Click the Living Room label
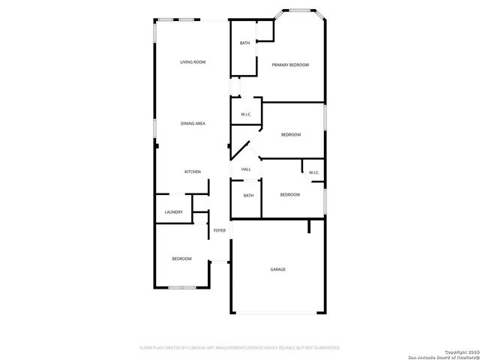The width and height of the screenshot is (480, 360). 193,62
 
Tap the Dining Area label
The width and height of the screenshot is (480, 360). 193,123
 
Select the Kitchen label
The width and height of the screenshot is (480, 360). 193,172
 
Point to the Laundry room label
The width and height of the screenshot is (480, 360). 174,212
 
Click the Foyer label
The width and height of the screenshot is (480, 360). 220,230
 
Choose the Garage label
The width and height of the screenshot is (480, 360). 277,269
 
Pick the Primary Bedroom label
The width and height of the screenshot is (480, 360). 290,65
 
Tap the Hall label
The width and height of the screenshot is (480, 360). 246,169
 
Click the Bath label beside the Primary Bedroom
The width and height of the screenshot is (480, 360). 244,43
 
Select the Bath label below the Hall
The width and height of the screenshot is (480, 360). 248,196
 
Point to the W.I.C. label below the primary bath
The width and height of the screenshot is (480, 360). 246,114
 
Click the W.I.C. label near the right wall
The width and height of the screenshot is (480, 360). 314,173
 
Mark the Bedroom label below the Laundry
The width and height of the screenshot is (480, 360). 181,259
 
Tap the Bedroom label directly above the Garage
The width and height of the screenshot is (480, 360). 289,195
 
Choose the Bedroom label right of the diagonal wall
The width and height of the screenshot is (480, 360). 291,134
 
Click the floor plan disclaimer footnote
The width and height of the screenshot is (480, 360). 240,348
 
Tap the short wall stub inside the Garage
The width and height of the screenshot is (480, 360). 308,226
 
